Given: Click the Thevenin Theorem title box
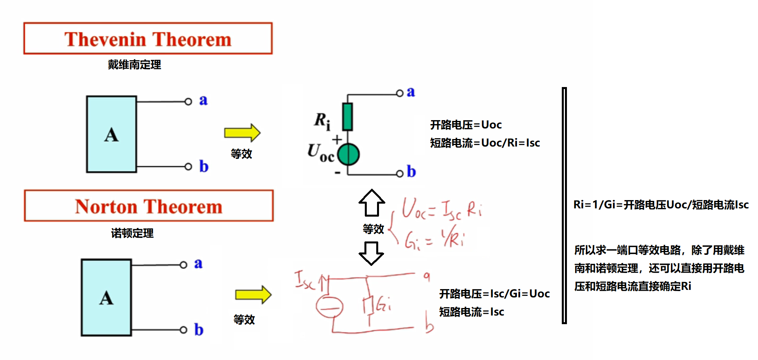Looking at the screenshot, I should [148, 39].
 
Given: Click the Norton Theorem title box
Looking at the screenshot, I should [149, 206].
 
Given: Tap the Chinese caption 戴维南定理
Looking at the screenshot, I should [134, 65].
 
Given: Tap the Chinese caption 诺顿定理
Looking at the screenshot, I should [132, 233].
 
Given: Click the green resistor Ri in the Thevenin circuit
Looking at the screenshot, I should [347, 117].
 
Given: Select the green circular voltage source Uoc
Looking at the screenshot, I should [348, 154].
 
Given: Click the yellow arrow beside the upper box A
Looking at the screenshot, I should [242, 133].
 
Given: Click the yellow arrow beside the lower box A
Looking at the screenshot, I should [253, 295].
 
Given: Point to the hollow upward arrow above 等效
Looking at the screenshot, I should [372, 203].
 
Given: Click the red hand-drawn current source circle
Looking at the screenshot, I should [329, 307].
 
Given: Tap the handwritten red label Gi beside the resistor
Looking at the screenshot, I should [383, 304].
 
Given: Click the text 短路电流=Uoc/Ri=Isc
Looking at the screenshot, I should [485, 143].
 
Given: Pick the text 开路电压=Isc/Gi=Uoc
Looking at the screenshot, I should [494, 293].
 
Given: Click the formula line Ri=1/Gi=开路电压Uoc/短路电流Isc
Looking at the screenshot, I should [661, 205].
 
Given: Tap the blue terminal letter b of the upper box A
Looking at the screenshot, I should [203, 167].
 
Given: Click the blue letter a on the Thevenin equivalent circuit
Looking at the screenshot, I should [411, 92].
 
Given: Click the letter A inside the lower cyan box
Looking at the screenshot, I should [106, 298].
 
